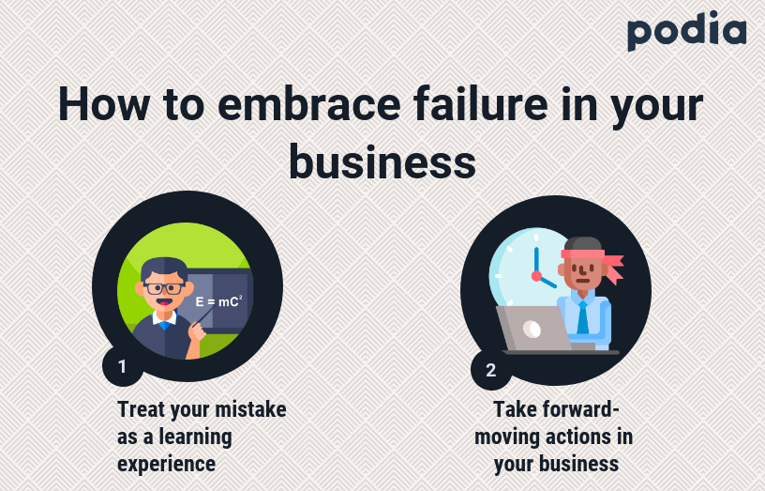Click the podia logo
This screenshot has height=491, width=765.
[x=686, y=31]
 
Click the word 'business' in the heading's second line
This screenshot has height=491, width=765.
[x=382, y=161]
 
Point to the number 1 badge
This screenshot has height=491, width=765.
[x=122, y=366]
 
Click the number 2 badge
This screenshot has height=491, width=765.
[x=490, y=370]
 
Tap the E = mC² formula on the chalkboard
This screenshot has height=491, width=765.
[x=218, y=301]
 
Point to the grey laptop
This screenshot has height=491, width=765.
[x=535, y=329]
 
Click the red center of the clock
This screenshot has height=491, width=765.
[x=536, y=276]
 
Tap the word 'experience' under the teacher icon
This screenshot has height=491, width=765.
[x=166, y=464]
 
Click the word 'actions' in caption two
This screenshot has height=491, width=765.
[x=580, y=437]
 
